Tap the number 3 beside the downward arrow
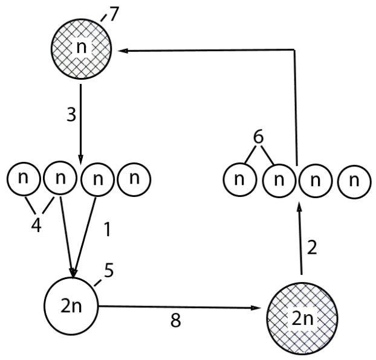coord(71,114)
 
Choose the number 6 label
coord(258,138)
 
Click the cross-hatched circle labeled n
coord(81,49)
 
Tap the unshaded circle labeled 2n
coord(71,306)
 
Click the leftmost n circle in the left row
coord(22,179)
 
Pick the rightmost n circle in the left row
coord(134,179)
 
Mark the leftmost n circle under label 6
coord(239,179)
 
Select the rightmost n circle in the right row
coord(354,179)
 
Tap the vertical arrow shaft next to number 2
coord(299,242)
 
